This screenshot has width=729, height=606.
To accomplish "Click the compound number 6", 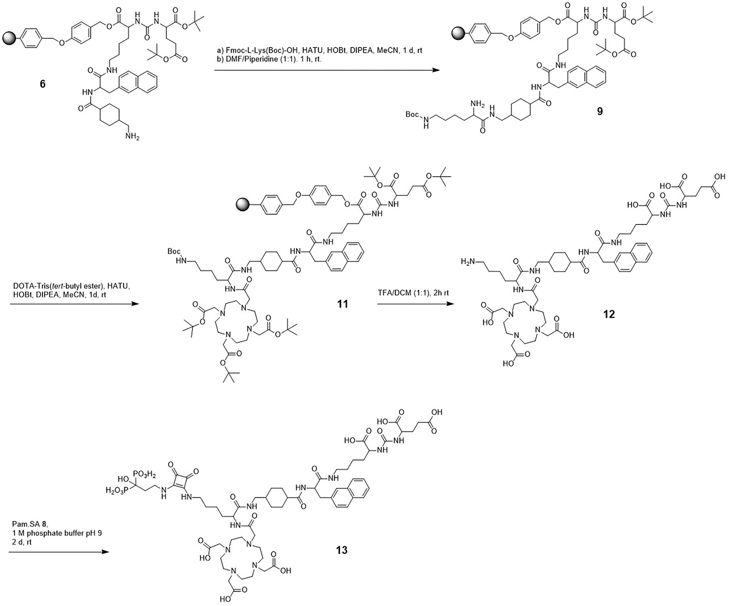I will point(42,84).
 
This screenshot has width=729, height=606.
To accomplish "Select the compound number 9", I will point(600,111).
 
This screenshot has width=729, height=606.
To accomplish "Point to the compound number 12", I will point(609,314).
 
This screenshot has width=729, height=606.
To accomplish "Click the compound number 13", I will point(341,550).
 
